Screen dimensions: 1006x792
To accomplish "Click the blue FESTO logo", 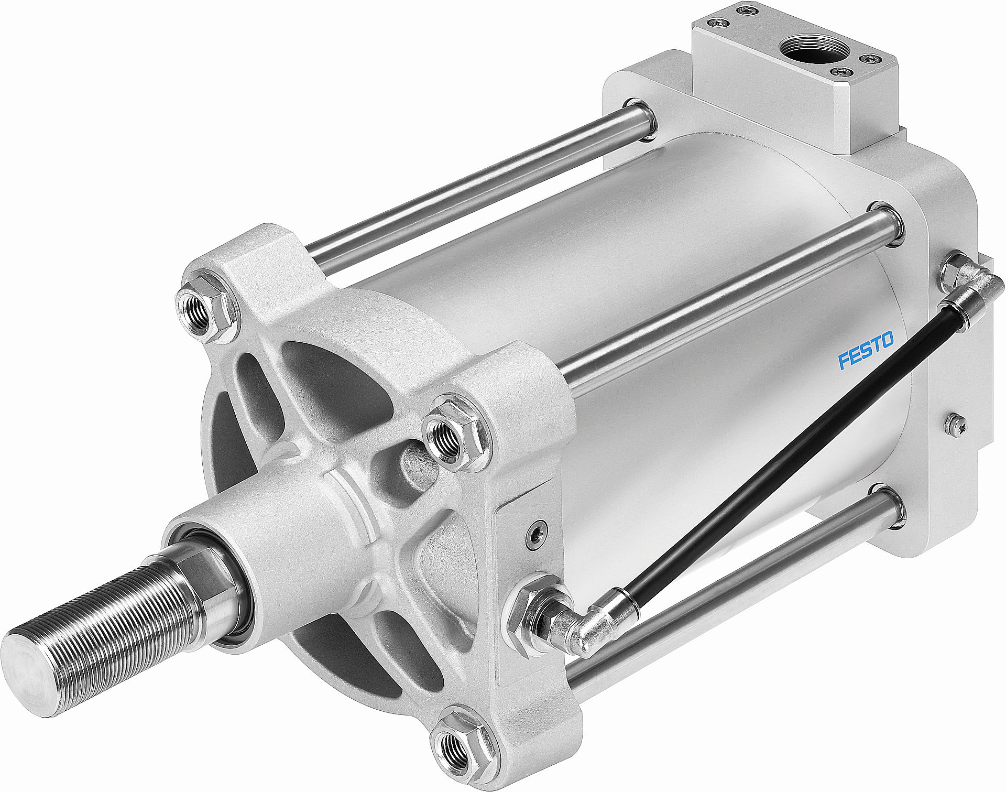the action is tap(865, 349).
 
